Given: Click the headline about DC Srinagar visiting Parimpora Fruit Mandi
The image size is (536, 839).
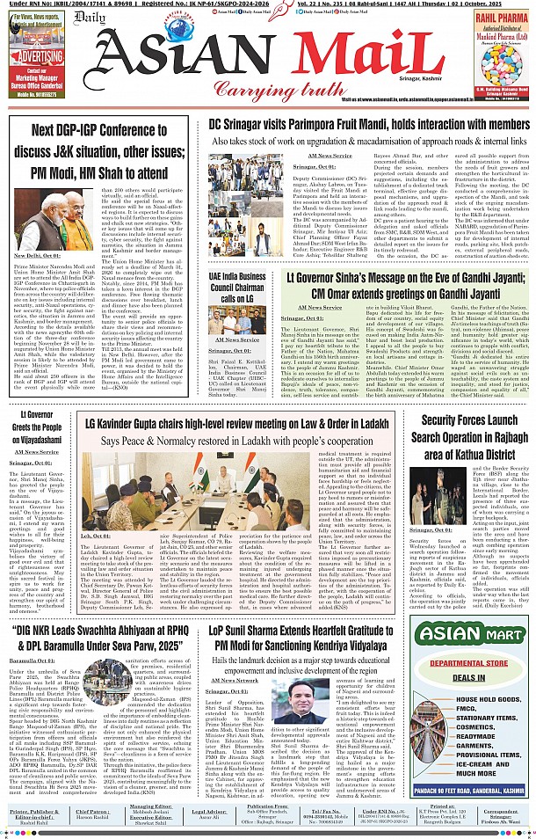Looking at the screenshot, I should [x=362, y=125].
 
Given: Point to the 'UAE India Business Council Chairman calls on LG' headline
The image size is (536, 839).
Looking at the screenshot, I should [x=237, y=288].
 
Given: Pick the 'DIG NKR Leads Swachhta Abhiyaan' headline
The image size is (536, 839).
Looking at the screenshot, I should [x=99, y=638].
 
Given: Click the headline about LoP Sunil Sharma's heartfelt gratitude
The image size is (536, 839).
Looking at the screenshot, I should [x=307, y=637].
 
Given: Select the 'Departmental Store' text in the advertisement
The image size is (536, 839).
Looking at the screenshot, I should [x=462, y=665].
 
